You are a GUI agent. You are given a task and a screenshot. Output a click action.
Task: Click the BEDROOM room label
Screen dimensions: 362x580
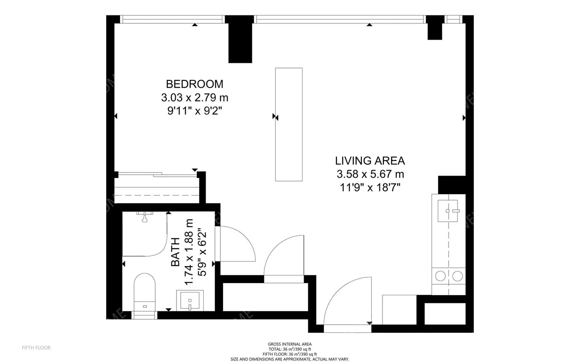[x=194, y=84]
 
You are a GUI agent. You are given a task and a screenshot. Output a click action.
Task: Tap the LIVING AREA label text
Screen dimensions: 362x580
[x=370, y=161]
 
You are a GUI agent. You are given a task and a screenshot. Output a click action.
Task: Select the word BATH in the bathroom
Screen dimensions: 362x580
[x=176, y=252]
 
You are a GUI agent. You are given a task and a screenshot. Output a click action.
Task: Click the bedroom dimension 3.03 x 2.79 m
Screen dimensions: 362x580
[x=194, y=97]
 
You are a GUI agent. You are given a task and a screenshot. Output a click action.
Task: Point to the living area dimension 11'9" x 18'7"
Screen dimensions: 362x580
[x=370, y=188]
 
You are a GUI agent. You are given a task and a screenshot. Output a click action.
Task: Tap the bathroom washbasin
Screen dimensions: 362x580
[x=190, y=300]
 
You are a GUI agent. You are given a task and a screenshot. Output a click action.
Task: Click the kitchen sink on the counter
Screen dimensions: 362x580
[x=448, y=211]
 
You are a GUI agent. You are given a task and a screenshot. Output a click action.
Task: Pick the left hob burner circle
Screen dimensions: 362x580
[x=440, y=276]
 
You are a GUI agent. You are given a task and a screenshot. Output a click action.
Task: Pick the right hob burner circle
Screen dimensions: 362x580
[x=458, y=276]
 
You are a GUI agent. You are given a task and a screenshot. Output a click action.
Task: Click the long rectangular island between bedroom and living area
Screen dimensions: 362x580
[x=289, y=124]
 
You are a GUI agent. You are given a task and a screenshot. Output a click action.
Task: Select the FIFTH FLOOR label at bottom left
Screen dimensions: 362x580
[x=36, y=348]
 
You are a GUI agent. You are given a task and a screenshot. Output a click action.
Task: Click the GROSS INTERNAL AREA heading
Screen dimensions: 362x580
[x=290, y=344]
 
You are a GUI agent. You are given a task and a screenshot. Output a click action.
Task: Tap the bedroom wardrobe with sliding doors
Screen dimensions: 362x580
[x=157, y=188]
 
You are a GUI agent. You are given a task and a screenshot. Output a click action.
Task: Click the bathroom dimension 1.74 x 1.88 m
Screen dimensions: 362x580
[x=189, y=252]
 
